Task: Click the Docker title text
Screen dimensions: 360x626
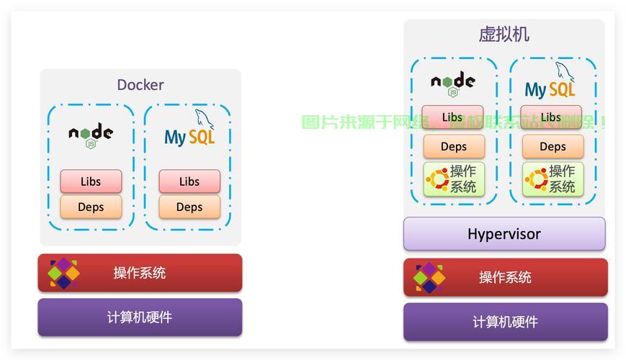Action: (x=140, y=85)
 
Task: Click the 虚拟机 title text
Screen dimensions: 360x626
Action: (x=504, y=34)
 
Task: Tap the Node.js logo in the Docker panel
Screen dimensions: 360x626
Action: (x=91, y=134)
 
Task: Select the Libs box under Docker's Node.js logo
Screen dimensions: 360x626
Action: (x=91, y=181)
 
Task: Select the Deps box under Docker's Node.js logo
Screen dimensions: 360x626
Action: (x=91, y=207)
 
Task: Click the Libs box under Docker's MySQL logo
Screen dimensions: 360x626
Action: (x=189, y=181)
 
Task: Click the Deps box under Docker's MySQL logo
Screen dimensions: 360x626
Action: (x=189, y=207)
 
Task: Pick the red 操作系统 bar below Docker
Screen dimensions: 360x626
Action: (x=140, y=273)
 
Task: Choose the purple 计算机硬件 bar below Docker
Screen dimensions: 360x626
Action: (x=140, y=318)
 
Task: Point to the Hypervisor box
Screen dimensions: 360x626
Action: (x=504, y=234)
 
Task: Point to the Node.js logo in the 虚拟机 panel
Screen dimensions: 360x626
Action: (x=453, y=83)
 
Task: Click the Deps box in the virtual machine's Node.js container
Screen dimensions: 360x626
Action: (x=453, y=146)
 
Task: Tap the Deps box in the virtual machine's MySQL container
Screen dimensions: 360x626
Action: (x=553, y=146)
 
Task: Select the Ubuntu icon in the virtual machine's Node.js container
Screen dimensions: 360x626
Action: (x=437, y=179)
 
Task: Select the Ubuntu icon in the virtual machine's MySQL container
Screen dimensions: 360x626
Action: (x=535, y=179)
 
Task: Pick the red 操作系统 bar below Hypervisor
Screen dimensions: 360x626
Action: (x=505, y=277)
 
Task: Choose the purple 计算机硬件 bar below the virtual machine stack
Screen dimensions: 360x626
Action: (x=505, y=322)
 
